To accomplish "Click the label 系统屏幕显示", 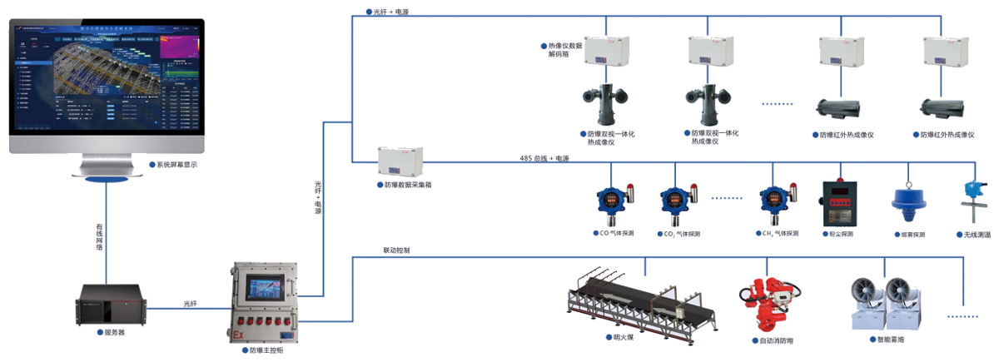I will point(176,165).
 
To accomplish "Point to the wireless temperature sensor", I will point(970,199).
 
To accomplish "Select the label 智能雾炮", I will point(892,340).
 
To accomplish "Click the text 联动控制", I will point(396,250).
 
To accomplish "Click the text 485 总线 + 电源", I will point(544,158).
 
